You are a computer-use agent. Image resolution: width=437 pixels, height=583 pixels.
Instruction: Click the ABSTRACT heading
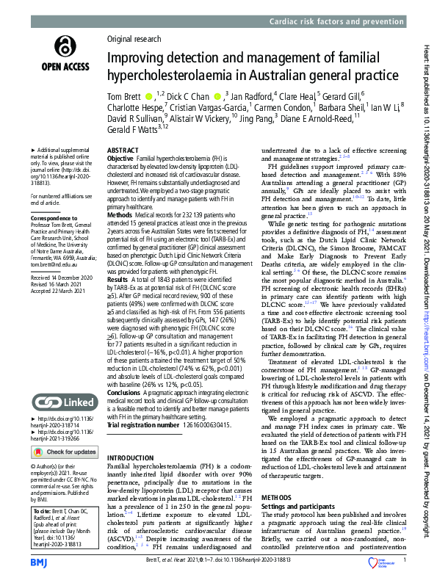click(123, 149)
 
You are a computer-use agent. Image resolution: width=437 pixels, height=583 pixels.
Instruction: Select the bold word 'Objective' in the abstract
click(120, 159)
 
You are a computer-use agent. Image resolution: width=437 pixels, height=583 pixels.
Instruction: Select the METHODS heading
click(276, 497)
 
